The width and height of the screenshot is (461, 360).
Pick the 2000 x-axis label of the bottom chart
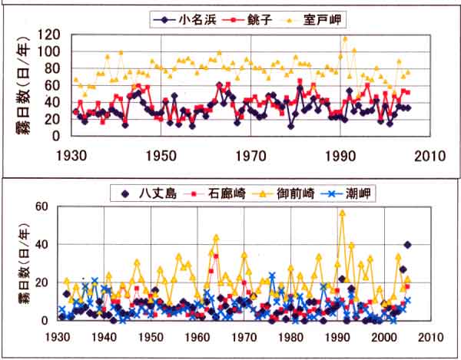(x=383, y=336)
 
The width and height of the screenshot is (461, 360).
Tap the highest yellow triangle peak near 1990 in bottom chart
(x=342, y=213)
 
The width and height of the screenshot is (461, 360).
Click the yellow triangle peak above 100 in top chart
(x=345, y=38)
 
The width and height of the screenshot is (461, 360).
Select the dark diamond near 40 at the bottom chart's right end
(x=407, y=245)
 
